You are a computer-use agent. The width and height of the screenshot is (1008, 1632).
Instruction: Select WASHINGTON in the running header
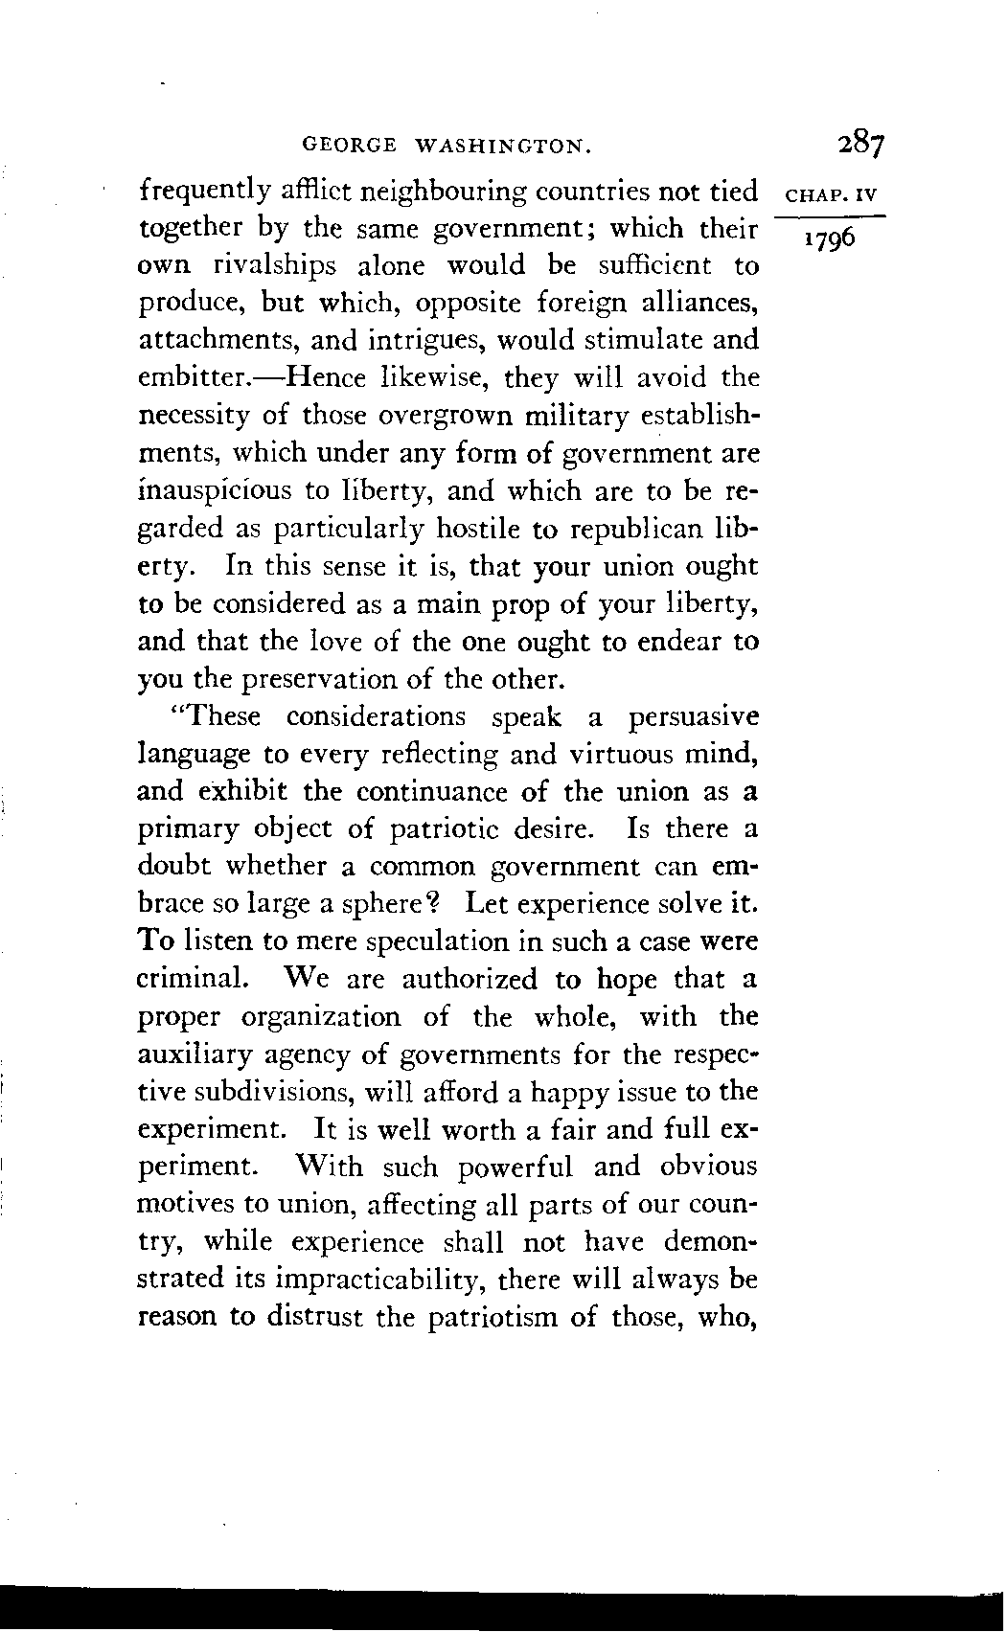(x=504, y=147)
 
